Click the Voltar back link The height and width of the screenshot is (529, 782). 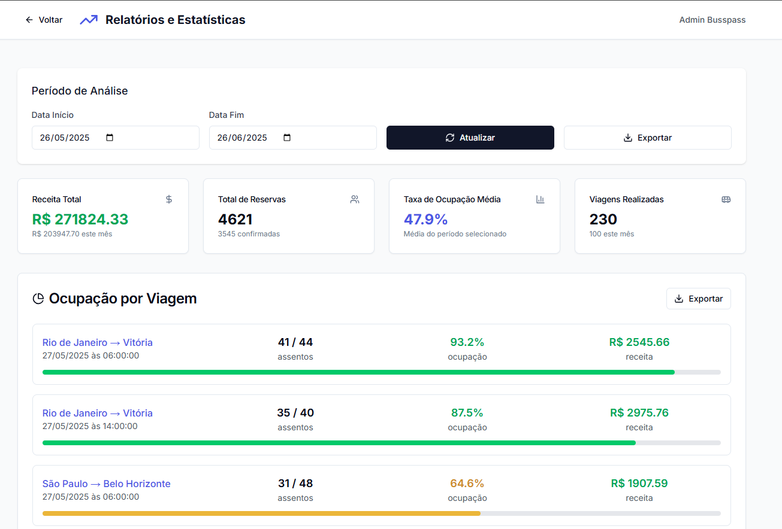(x=44, y=20)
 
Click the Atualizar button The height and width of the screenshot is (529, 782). (x=470, y=138)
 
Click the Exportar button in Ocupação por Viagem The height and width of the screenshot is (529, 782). (x=698, y=299)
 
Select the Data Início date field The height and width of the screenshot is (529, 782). (x=66, y=138)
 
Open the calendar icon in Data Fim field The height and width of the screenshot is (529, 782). (x=287, y=138)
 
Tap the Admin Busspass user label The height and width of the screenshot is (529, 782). (x=712, y=20)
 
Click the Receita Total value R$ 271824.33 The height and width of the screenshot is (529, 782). (x=80, y=219)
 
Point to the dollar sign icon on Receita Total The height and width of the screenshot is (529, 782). (x=169, y=199)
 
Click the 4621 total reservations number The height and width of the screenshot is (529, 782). (x=235, y=219)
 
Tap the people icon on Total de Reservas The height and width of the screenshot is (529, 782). (x=355, y=199)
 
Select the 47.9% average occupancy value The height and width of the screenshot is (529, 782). (x=425, y=219)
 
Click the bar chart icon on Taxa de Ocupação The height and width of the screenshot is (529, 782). (x=541, y=199)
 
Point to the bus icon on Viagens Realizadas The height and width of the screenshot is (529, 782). (x=726, y=199)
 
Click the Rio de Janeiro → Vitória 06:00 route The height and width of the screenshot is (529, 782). (x=97, y=342)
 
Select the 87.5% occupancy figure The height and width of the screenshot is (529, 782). (x=467, y=413)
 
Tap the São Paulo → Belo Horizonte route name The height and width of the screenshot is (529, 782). (x=106, y=484)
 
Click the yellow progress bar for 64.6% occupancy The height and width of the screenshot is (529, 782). (x=261, y=513)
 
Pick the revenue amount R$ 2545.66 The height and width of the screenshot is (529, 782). (x=639, y=342)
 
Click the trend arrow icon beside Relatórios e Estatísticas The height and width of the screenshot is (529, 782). (x=89, y=20)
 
